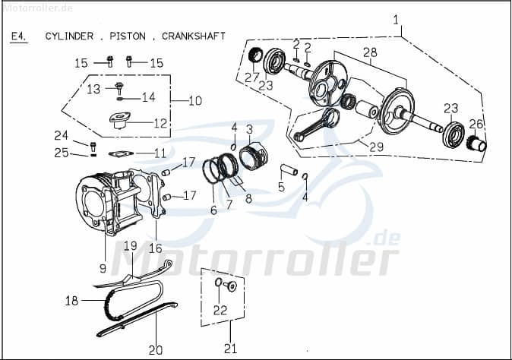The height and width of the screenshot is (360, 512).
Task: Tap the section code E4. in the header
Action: [18, 36]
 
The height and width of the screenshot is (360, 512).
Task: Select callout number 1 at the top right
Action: [395, 20]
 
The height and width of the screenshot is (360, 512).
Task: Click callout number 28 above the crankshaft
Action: [370, 52]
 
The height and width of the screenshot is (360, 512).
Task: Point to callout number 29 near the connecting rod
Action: [376, 146]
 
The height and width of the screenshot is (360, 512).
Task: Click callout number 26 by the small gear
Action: [476, 124]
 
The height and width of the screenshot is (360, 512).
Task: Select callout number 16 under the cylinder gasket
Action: [155, 248]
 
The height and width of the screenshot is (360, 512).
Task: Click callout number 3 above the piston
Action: [248, 128]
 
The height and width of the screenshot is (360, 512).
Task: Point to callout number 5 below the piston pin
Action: [281, 186]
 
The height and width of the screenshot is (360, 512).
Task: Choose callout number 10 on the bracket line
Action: [194, 100]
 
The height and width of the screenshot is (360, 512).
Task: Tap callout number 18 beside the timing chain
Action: [71, 301]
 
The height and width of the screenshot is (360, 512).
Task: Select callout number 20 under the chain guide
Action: [155, 350]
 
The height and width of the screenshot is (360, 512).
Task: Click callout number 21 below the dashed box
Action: [230, 350]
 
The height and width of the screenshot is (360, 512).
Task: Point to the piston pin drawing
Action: [289, 171]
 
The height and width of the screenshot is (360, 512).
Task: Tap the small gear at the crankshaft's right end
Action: [476, 143]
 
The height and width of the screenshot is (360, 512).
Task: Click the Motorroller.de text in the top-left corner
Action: [37, 7]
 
